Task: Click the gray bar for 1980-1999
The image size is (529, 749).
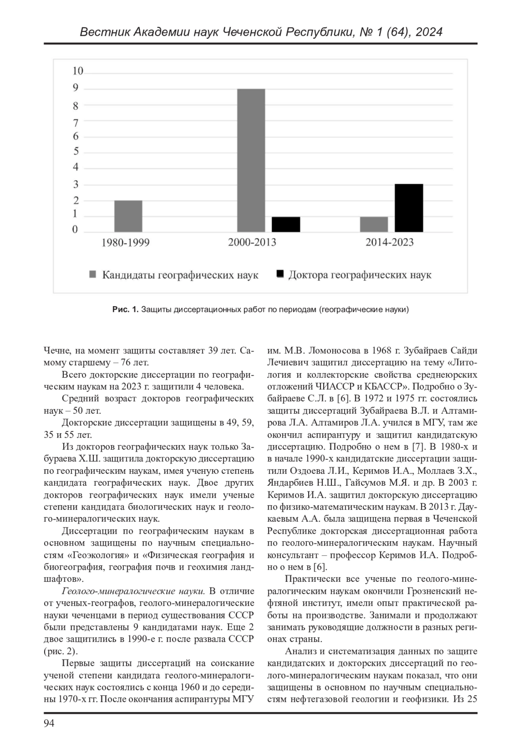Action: tap(128, 216)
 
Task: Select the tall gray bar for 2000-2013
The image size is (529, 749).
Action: tap(251, 161)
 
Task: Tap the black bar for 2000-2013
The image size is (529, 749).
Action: tap(286, 225)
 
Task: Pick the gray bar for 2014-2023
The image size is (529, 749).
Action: tap(374, 225)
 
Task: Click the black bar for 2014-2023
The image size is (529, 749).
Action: tap(409, 208)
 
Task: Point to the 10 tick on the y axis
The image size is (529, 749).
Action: tap(78, 71)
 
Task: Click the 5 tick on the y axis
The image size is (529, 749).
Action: tap(76, 151)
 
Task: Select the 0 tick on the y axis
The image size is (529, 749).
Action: tap(75, 229)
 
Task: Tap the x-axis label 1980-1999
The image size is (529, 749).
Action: tap(126, 243)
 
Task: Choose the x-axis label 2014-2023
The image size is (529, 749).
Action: tap(389, 242)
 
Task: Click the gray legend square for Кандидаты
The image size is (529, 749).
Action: tap(93, 275)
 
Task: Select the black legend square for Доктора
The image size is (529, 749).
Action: tap(279, 274)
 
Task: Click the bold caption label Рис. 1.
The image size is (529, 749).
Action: tap(126, 310)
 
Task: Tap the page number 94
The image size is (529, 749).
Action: tap(49, 723)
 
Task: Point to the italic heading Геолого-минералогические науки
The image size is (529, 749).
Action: tap(134, 591)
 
